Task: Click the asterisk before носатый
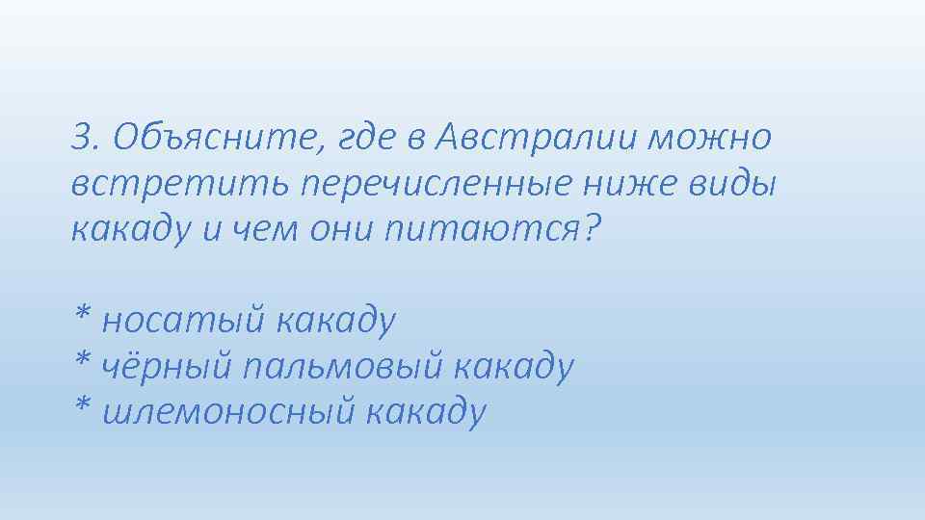(x=83, y=314)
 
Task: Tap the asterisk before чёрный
(x=83, y=360)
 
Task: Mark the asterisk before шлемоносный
(x=83, y=406)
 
